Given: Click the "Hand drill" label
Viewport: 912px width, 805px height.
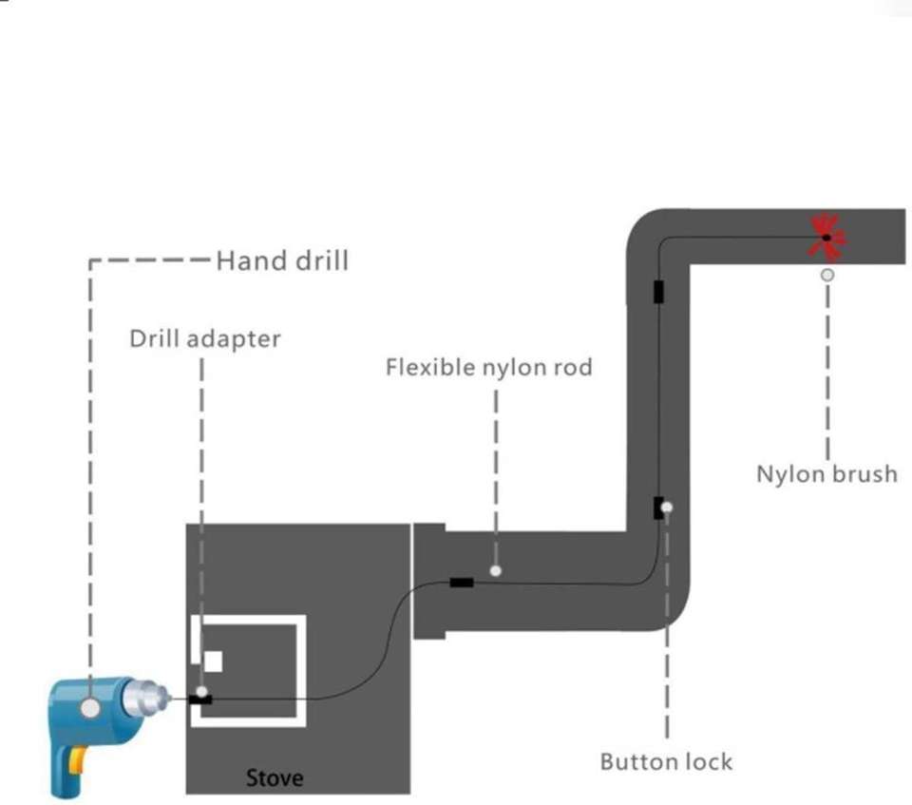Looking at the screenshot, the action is [283, 260].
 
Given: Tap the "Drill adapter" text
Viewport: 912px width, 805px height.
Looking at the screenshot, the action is [205, 338].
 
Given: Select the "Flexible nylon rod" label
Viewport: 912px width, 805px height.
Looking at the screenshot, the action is [489, 367].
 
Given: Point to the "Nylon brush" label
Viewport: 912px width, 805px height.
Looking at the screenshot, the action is [826, 474].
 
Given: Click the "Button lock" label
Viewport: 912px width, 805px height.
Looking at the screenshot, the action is [666, 761].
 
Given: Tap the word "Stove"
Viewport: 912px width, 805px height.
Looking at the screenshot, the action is [275, 777].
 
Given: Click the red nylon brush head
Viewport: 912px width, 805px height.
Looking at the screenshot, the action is [826, 237].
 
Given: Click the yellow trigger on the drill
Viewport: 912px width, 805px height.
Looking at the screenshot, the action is [77, 760].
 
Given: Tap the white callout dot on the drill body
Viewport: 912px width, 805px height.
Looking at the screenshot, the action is [89, 708].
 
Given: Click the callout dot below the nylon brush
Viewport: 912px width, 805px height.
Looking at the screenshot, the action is [827, 275].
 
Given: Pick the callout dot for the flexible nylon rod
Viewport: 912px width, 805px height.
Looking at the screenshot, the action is [496, 571].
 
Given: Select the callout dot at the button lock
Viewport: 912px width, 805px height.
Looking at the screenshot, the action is [667, 508].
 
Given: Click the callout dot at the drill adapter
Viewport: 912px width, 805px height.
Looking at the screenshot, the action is [201, 692].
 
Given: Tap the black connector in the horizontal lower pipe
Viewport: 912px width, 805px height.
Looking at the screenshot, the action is [462, 582].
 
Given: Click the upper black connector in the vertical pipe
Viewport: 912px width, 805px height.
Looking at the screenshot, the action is [658, 292].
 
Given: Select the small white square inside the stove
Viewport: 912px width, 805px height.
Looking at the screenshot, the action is [213, 661].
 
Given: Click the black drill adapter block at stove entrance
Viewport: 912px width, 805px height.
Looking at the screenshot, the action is [200, 700].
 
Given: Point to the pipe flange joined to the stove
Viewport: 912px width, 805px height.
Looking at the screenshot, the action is [429, 581].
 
